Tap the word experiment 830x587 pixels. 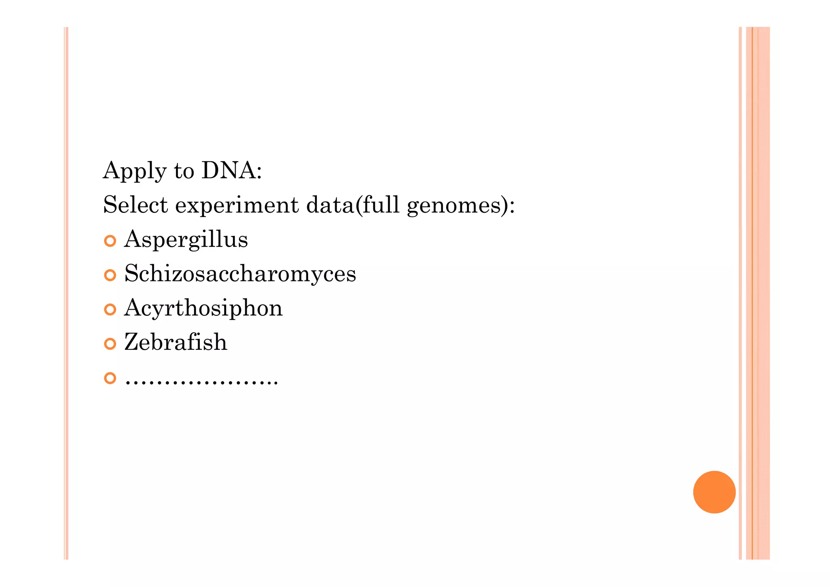click(237, 206)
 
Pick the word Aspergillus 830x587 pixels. click(186, 240)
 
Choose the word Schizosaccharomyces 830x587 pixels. click(240, 274)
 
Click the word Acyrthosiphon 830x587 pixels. click(203, 308)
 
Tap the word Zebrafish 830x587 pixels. click(175, 342)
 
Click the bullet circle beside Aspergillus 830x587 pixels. click(110, 241)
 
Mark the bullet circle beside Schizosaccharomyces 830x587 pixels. click(110, 275)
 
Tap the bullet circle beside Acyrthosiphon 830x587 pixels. click(110, 310)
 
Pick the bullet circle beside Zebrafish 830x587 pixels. click(110, 344)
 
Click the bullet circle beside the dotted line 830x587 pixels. click(110, 378)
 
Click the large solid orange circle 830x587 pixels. click(714, 492)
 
